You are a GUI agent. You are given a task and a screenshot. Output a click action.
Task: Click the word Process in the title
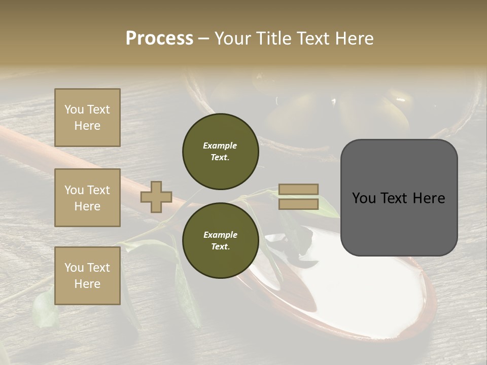pyautogui.click(x=159, y=39)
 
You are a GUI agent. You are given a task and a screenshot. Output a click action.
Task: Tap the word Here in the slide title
pyautogui.click(x=354, y=39)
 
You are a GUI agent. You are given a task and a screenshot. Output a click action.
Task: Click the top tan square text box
pyautogui.click(x=87, y=118)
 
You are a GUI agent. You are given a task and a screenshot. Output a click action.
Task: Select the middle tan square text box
pyautogui.click(x=87, y=198)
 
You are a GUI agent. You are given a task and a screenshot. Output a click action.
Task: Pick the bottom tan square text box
pyautogui.click(x=87, y=276)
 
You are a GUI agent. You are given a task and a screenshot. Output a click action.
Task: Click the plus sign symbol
pyautogui.click(x=156, y=197)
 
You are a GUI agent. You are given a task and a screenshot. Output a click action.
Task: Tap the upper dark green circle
pyautogui.click(x=220, y=152)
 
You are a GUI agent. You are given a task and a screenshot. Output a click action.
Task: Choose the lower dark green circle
pyautogui.click(x=220, y=241)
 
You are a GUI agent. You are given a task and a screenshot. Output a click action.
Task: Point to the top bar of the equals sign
pyautogui.click(x=298, y=190)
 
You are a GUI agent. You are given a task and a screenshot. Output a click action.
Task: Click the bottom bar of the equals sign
pyautogui.click(x=298, y=204)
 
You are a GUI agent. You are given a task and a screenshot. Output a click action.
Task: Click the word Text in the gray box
pyautogui.click(x=399, y=198)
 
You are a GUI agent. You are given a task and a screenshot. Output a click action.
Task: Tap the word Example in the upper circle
pyautogui.click(x=220, y=145)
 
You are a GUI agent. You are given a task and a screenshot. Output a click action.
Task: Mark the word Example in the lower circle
pyautogui.click(x=220, y=235)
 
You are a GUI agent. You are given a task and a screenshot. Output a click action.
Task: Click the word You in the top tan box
pyautogui.click(x=74, y=109)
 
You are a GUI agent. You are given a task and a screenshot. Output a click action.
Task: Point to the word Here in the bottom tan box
pyautogui.click(x=87, y=284)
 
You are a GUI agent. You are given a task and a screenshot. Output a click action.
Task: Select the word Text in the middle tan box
pyautogui.click(x=98, y=190)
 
